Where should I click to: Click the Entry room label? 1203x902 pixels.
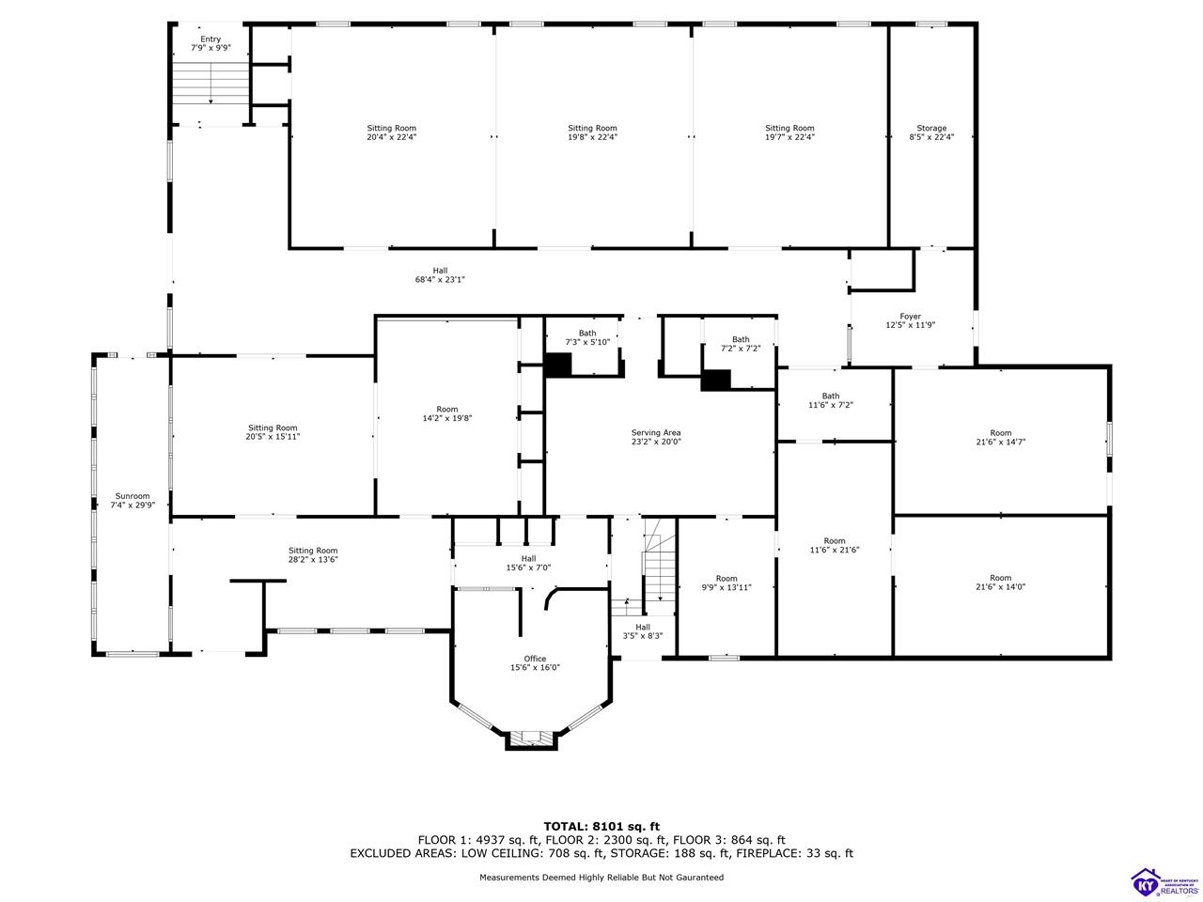pos(211,43)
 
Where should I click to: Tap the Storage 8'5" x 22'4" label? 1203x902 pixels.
pos(931,132)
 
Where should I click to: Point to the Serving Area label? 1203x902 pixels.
pos(655,437)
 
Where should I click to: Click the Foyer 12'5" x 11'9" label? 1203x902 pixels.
pos(910,320)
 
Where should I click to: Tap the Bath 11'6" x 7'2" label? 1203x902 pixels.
pos(830,400)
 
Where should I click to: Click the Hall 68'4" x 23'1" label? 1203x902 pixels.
pos(440,275)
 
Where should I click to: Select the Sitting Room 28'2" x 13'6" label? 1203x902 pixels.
pos(312,554)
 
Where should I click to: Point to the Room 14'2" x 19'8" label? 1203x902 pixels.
pos(446,413)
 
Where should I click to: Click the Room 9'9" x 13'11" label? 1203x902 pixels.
pos(726,583)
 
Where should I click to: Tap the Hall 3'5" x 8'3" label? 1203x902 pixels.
pos(642,631)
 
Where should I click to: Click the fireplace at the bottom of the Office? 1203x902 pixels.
pos(530,739)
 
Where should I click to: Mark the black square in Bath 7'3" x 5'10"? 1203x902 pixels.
pos(558,365)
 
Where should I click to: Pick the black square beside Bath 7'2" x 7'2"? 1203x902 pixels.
pos(716,381)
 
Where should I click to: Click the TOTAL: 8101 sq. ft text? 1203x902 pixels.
pos(601,827)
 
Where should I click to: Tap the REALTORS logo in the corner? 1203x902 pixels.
pos(1165,882)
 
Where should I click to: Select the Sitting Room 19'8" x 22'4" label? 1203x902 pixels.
pos(592,132)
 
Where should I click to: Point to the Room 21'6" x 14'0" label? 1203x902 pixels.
pos(1000,583)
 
